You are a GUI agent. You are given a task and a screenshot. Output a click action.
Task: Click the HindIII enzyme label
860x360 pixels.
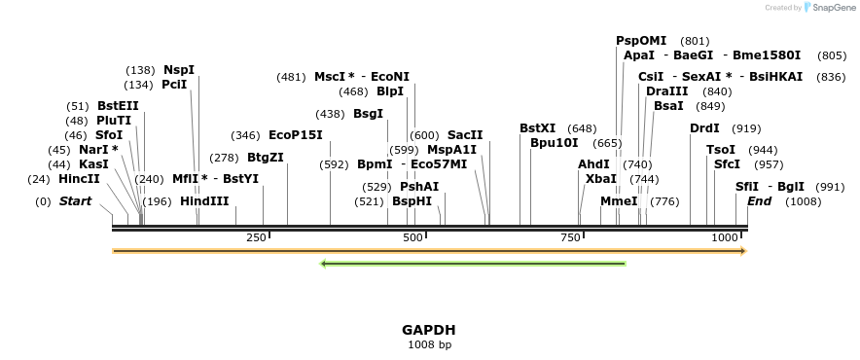(x=204, y=201)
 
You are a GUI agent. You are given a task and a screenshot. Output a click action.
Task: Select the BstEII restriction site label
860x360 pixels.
(x=118, y=106)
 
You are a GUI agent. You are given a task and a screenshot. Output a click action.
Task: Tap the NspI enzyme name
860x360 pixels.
(x=179, y=70)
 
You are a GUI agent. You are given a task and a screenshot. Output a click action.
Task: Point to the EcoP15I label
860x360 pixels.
(x=295, y=135)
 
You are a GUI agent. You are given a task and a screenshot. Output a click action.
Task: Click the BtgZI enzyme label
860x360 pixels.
(x=265, y=157)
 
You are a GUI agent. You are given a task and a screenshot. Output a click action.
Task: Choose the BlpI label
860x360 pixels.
(x=390, y=91)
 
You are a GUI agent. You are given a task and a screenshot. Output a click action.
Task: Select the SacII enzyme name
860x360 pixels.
(x=465, y=135)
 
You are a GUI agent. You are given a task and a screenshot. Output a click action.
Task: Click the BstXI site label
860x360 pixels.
(x=537, y=128)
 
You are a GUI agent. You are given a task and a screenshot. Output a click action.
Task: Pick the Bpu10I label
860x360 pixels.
(x=554, y=143)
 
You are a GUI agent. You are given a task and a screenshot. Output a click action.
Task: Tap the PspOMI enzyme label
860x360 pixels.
(x=641, y=41)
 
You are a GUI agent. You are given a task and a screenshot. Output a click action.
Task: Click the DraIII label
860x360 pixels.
(x=666, y=91)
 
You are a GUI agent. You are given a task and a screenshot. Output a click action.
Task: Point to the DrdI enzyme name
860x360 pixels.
(x=704, y=128)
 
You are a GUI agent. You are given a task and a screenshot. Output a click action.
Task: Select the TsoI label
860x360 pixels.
(x=721, y=150)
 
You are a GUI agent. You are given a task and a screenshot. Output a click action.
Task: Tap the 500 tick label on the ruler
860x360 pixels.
(x=412, y=237)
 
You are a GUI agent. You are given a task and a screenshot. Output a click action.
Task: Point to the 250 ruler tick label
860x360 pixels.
(x=256, y=237)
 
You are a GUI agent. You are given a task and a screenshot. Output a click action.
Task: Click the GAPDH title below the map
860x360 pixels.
(x=429, y=330)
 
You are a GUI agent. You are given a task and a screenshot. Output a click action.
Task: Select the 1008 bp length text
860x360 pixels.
(x=429, y=344)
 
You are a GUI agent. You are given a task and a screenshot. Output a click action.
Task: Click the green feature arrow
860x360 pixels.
(x=473, y=263)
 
